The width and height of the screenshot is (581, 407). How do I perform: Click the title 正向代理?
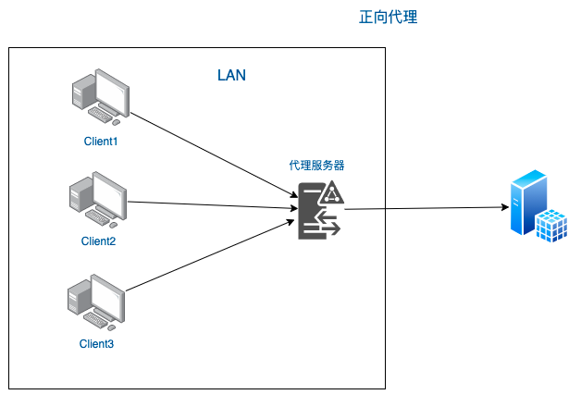tap(389, 18)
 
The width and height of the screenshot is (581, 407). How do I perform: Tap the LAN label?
tap(231, 75)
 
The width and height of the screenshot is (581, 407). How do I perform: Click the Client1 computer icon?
tap(102, 97)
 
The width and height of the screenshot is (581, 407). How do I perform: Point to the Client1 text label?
tap(102, 142)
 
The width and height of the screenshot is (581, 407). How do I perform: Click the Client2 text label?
tap(98, 241)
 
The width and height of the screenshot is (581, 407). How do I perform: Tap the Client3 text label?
tap(96, 344)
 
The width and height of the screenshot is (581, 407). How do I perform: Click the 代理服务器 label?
tap(317, 166)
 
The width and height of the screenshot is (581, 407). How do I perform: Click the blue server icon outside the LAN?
tap(538, 207)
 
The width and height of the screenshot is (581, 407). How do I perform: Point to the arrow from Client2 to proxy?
tap(209, 205)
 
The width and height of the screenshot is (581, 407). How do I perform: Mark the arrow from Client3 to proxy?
tap(209, 260)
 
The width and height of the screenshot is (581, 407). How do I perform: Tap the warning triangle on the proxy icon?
tap(332, 192)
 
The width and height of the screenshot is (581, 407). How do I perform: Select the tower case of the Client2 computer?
tap(80, 197)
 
